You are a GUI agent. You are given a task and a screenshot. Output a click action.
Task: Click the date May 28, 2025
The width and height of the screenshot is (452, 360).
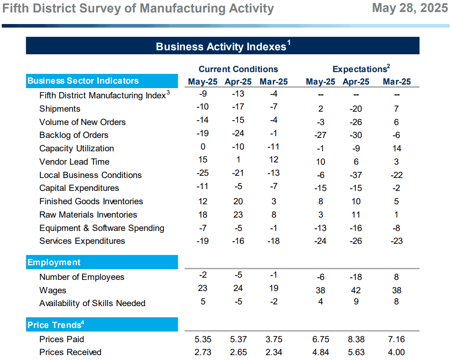click(410, 8)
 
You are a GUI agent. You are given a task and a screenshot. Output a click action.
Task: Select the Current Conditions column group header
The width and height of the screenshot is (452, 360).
click(238, 69)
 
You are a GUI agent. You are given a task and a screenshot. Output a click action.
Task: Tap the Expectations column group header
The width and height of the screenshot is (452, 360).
click(359, 69)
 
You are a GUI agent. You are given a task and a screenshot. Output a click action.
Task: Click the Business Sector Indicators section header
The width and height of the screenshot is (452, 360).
click(83, 81)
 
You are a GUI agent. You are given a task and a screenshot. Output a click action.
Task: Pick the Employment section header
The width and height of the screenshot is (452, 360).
click(54, 263)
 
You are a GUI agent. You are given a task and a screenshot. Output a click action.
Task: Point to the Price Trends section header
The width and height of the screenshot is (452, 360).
click(54, 325)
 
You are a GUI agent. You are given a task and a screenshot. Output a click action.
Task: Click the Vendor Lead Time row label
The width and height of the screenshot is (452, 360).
click(74, 162)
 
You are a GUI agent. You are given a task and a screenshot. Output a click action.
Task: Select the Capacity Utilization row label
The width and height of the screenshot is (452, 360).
click(77, 149)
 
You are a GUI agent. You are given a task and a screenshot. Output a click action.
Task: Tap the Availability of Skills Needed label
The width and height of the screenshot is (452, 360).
click(92, 303)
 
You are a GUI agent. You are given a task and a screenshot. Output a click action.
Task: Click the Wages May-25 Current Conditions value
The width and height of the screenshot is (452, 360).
click(202, 288)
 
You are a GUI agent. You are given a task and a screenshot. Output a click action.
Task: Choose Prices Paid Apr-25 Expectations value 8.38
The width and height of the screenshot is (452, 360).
click(356, 340)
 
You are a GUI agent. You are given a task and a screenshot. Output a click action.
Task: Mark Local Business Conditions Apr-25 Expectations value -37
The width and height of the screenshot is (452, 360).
click(356, 175)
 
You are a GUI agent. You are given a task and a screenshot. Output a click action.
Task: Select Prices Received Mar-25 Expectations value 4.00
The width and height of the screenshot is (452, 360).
click(396, 352)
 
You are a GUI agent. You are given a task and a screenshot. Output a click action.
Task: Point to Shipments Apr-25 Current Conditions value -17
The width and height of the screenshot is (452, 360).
click(238, 107)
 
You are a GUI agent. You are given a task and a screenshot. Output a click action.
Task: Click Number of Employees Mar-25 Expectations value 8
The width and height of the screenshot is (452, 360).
click(396, 277)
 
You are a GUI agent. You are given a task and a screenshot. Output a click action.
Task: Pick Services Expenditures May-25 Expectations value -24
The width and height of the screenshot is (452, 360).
click(320, 241)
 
